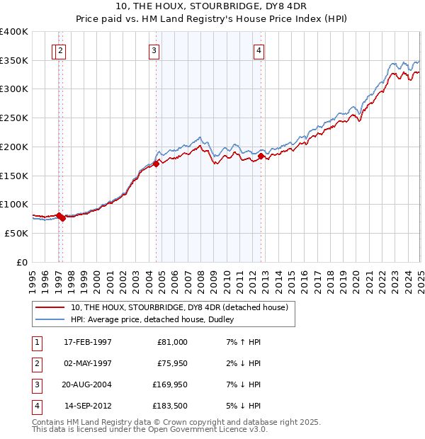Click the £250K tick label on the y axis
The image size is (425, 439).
(x=14, y=118)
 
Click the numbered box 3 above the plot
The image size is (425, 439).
(x=153, y=50)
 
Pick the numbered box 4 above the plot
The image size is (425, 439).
(x=259, y=50)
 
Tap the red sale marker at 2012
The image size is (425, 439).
(x=261, y=156)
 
